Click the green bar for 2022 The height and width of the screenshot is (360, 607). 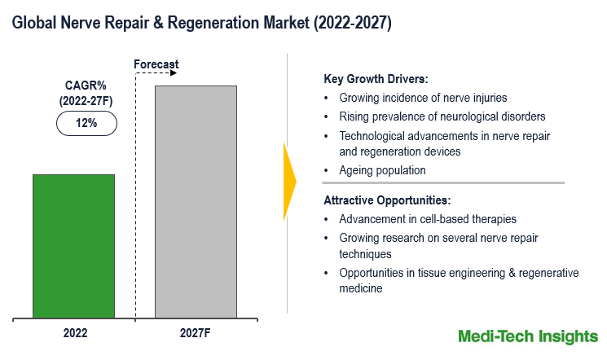(73, 245)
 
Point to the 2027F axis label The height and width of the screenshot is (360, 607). (196, 333)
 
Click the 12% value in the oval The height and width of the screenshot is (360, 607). (86, 124)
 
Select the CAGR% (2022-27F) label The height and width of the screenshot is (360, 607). (86, 93)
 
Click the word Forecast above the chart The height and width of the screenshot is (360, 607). (156, 64)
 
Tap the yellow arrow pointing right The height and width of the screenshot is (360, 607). (288, 181)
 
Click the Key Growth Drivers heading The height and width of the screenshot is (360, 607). (376, 79)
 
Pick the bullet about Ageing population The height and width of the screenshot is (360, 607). (383, 170)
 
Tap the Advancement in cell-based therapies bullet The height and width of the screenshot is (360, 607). (428, 219)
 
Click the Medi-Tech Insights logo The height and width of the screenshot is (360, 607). (527, 336)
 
